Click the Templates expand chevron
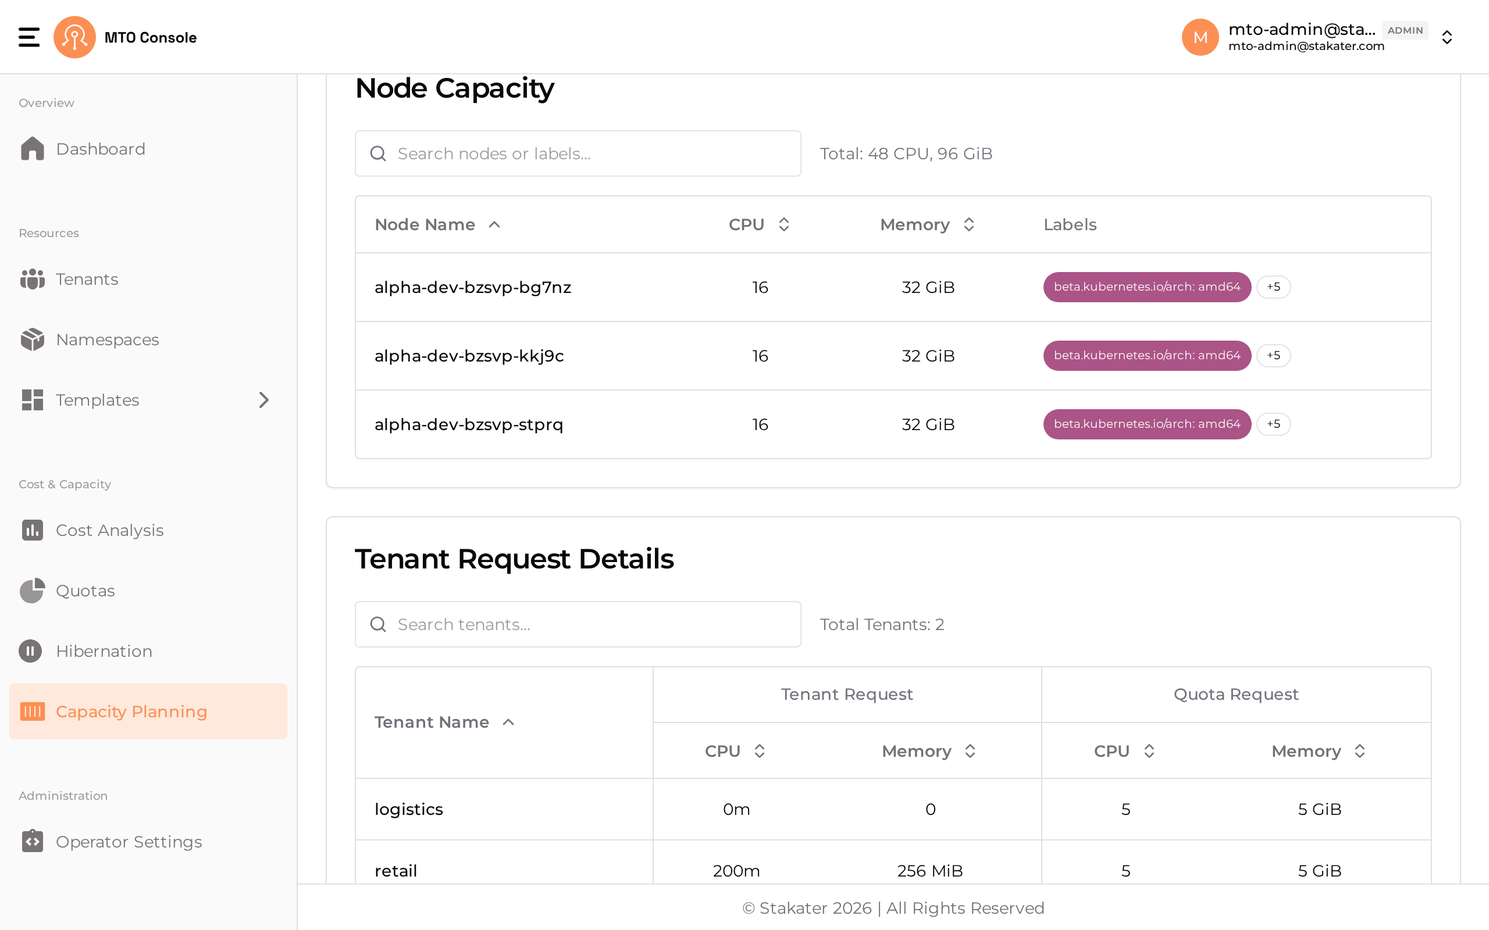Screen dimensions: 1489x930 [264, 400]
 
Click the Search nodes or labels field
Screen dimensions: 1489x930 [578, 154]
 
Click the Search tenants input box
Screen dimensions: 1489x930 [578, 624]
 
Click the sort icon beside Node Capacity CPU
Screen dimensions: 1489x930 [783, 224]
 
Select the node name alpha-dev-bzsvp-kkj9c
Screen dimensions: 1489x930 [469, 356]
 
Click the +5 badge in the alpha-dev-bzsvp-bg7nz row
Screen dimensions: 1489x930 [1273, 287]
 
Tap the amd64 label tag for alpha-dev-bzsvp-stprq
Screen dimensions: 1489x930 [1147, 424]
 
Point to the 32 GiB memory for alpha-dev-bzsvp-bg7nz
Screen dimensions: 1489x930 [928, 287]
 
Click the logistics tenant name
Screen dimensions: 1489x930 [408, 810]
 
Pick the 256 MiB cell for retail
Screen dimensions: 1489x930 [929, 871]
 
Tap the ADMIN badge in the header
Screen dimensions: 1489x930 [1405, 30]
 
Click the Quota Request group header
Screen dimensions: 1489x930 [1235, 695]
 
